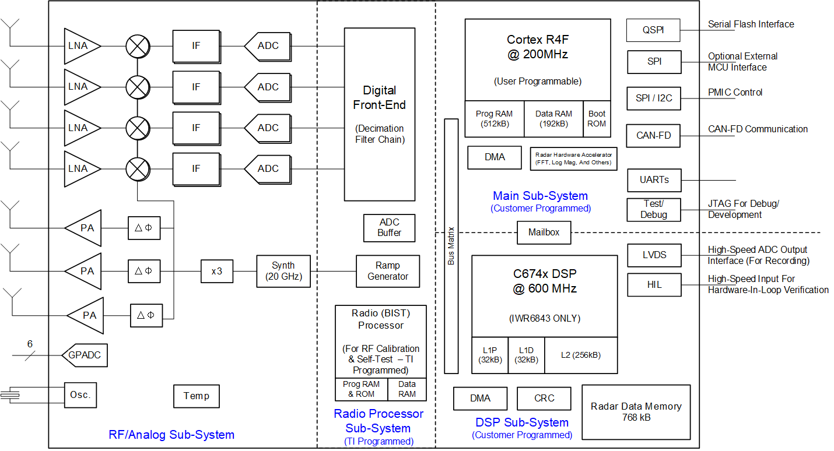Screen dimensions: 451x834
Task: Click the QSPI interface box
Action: point(653,30)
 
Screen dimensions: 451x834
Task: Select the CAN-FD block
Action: point(653,136)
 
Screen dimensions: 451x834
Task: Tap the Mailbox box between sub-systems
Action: point(544,232)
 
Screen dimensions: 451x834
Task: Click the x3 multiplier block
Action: point(216,271)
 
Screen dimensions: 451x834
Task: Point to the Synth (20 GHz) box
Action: point(283,271)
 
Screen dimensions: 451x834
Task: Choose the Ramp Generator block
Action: point(388,271)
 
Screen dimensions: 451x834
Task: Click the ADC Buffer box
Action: point(389,227)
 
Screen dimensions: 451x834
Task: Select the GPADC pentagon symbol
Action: point(85,355)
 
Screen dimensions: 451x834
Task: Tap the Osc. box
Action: point(80,395)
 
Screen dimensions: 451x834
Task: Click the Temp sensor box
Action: point(196,396)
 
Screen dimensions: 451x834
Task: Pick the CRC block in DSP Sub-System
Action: point(544,399)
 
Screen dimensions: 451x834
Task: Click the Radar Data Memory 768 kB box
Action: point(636,412)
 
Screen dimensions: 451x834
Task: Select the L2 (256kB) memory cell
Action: point(580,355)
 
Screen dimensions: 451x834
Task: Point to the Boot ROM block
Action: point(597,118)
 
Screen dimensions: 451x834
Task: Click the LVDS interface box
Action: point(654,255)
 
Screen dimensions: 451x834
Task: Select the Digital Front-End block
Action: point(379,114)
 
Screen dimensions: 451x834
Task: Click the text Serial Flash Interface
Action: point(751,24)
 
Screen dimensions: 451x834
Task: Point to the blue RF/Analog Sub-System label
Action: point(171,435)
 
